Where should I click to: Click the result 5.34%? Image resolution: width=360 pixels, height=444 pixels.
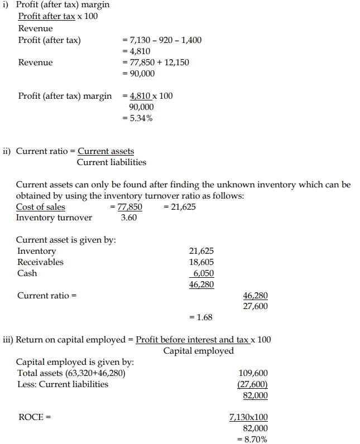click(142, 118)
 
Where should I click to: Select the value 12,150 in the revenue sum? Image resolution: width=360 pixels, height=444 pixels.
click(176, 62)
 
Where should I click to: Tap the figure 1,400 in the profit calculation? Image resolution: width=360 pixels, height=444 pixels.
click(190, 40)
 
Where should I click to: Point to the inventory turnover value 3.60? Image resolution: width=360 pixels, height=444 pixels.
click(129, 218)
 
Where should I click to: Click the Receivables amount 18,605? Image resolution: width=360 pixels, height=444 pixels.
click(201, 262)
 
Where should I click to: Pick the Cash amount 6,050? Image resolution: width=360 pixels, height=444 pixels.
click(203, 273)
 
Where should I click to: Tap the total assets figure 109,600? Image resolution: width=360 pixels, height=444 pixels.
click(253, 373)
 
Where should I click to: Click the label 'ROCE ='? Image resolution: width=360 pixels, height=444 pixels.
click(31, 417)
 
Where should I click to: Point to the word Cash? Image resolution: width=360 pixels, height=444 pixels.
click(27, 273)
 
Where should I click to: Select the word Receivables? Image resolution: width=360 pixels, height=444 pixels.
click(40, 262)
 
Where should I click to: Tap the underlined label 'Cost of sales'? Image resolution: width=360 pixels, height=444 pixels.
click(40, 207)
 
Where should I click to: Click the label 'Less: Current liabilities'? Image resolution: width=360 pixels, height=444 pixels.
click(63, 384)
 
